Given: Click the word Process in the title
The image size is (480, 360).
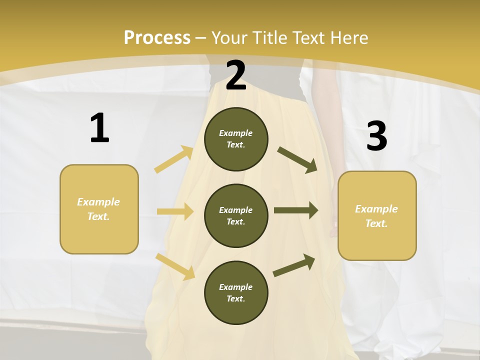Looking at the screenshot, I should (157, 37).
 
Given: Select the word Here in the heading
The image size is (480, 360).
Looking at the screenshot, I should (348, 37).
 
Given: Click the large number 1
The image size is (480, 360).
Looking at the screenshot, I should (99, 128).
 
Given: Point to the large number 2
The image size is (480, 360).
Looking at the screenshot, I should (236, 75).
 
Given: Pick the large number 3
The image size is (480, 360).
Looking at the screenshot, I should (376, 136).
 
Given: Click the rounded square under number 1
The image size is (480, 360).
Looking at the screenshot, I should (99, 209).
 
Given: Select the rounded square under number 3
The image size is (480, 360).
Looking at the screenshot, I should (377, 216).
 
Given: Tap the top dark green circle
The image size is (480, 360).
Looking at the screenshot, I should (236, 139).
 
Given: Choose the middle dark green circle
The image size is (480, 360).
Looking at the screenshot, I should (236, 215).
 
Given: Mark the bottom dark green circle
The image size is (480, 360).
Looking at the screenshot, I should (236, 292).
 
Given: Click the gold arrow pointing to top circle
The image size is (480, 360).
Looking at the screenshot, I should (174, 159).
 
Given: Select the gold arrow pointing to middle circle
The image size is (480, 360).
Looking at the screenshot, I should (175, 211).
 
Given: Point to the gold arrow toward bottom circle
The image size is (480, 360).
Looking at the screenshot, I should (175, 266).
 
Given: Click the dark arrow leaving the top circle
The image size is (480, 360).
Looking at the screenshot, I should (297, 159).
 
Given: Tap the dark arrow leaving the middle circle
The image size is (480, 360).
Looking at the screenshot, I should (296, 210).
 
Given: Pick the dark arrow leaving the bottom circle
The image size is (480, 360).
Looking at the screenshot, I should (294, 265).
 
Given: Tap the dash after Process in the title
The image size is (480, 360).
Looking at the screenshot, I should (201, 38).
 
